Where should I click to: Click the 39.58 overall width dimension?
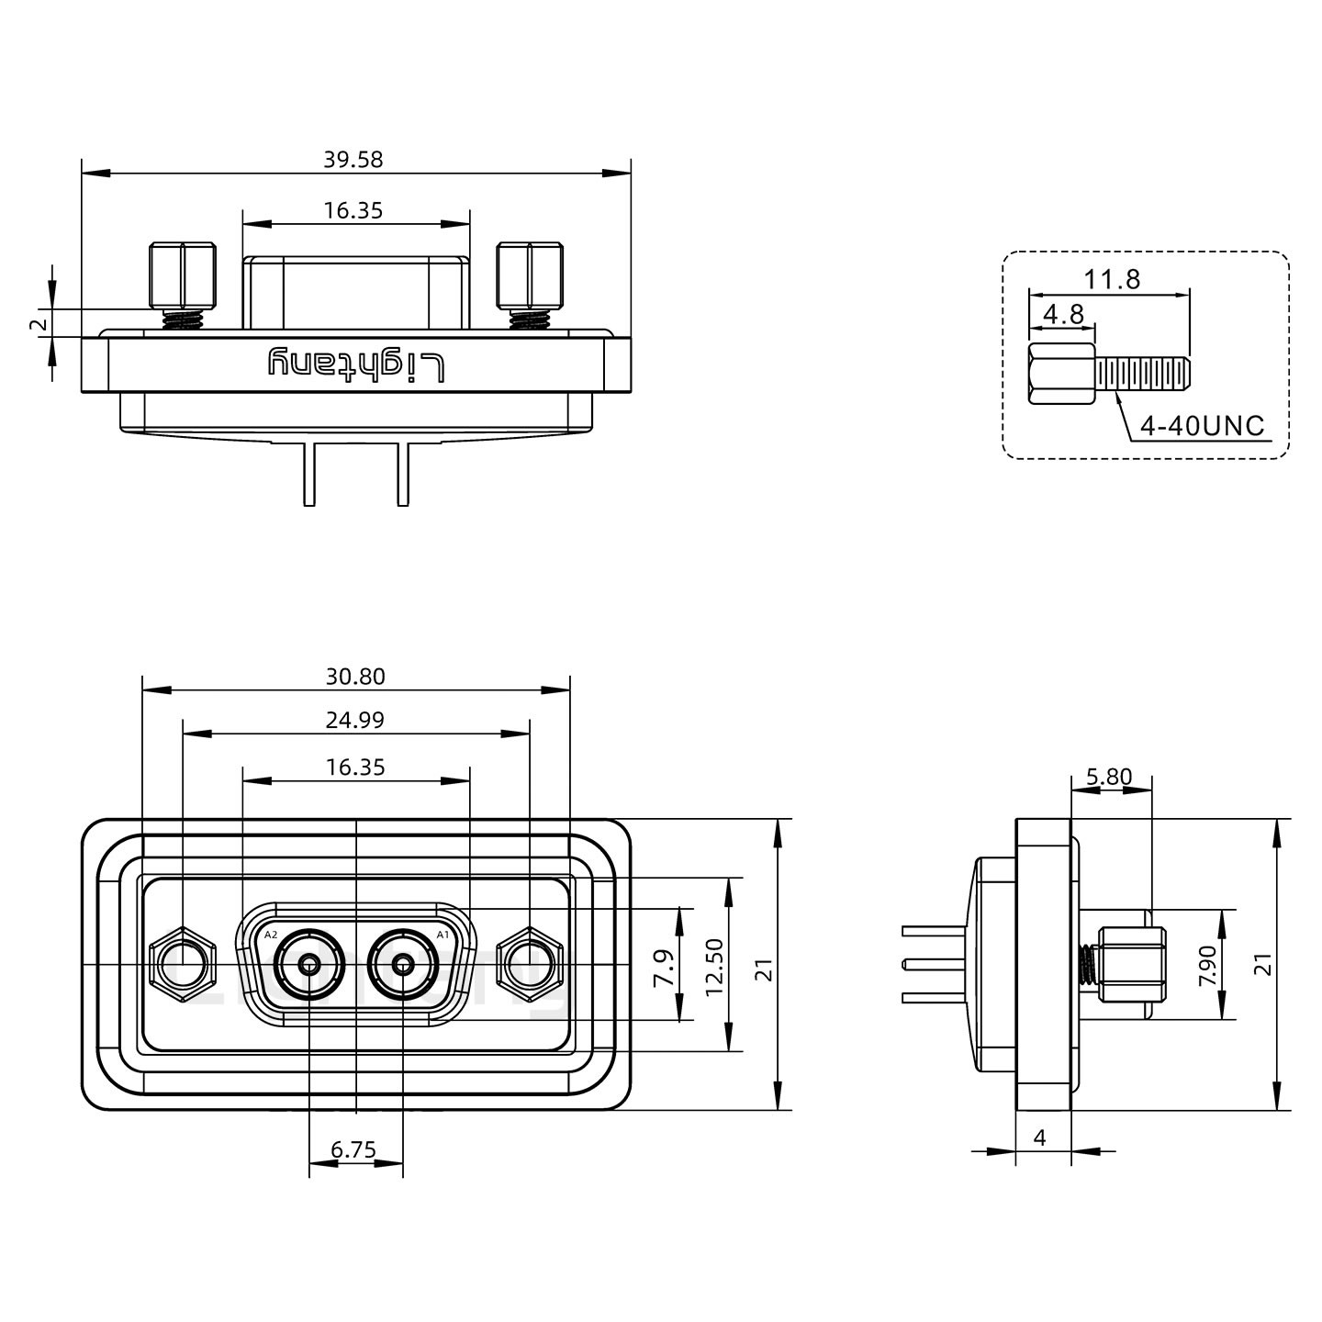[x=353, y=160]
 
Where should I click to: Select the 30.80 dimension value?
[x=355, y=678]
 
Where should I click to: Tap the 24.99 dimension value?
[x=355, y=721]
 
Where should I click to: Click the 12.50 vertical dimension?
[x=715, y=966]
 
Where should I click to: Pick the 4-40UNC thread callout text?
[x=1202, y=426]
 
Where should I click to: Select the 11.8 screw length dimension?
[x=1112, y=279]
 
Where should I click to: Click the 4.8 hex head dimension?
[x=1063, y=315]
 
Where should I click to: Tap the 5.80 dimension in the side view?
[x=1109, y=778]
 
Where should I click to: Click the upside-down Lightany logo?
[x=357, y=364]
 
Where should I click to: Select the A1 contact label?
[x=443, y=935]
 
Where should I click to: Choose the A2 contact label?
[x=271, y=935]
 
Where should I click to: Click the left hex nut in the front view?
[x=183, y=966]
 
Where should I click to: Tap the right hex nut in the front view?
[x=530, y=966]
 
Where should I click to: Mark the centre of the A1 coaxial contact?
[x=403, y=966]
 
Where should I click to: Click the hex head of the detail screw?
[x=1061, y=374]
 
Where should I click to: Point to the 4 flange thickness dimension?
[x=1040, y=1138]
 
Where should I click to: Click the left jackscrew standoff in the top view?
[x=183, y=275]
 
